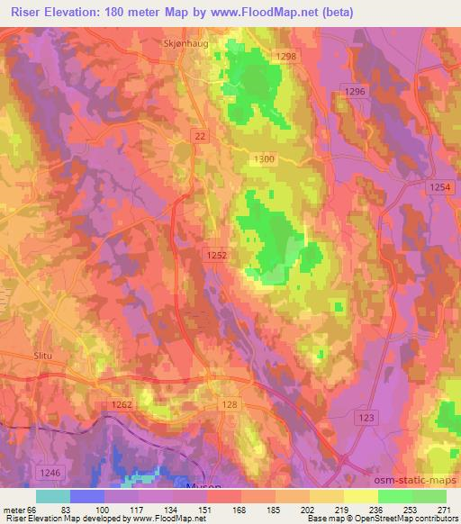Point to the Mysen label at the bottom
pos(203,484)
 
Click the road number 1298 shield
pos(286,57)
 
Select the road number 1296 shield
pos(355,92)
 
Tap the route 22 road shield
pos(200,133)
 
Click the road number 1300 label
pos(264,158)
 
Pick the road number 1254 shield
pos(438,185)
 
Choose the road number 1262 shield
pos(122,405)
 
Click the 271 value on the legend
pos(443,509)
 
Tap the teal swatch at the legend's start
pos(53,495)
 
